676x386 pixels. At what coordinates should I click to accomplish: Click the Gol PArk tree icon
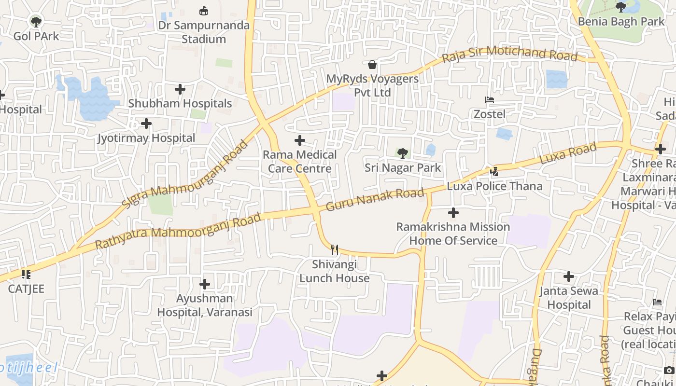(36, 21)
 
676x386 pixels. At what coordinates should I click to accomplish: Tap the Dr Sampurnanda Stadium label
(204, 32)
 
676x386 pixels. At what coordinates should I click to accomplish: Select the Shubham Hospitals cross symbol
(180, 89)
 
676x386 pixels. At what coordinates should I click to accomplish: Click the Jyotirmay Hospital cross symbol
(146, 124)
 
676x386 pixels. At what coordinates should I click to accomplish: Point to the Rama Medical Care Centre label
(299, 161)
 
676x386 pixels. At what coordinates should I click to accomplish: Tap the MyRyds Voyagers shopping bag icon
(372, 65)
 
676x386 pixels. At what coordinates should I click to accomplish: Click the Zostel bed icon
(490, 100)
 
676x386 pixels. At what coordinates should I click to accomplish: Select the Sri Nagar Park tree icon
(402, 153)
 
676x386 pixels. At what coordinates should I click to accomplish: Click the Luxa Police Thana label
(494, 186)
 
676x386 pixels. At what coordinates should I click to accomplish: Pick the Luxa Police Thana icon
(494, 171)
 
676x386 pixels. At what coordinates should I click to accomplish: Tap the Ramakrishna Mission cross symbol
(453, 212)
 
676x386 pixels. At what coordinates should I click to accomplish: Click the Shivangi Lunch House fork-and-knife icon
(334, 249)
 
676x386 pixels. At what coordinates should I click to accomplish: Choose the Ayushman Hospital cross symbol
(205, 284)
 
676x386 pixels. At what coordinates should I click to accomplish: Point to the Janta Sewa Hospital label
(568, 297)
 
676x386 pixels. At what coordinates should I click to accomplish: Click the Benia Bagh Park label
(621, 21)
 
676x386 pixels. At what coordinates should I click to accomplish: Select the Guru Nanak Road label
(375, 199)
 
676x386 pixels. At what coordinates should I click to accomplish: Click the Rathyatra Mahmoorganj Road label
(178, 231)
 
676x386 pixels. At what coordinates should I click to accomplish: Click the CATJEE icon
(26, 275)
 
